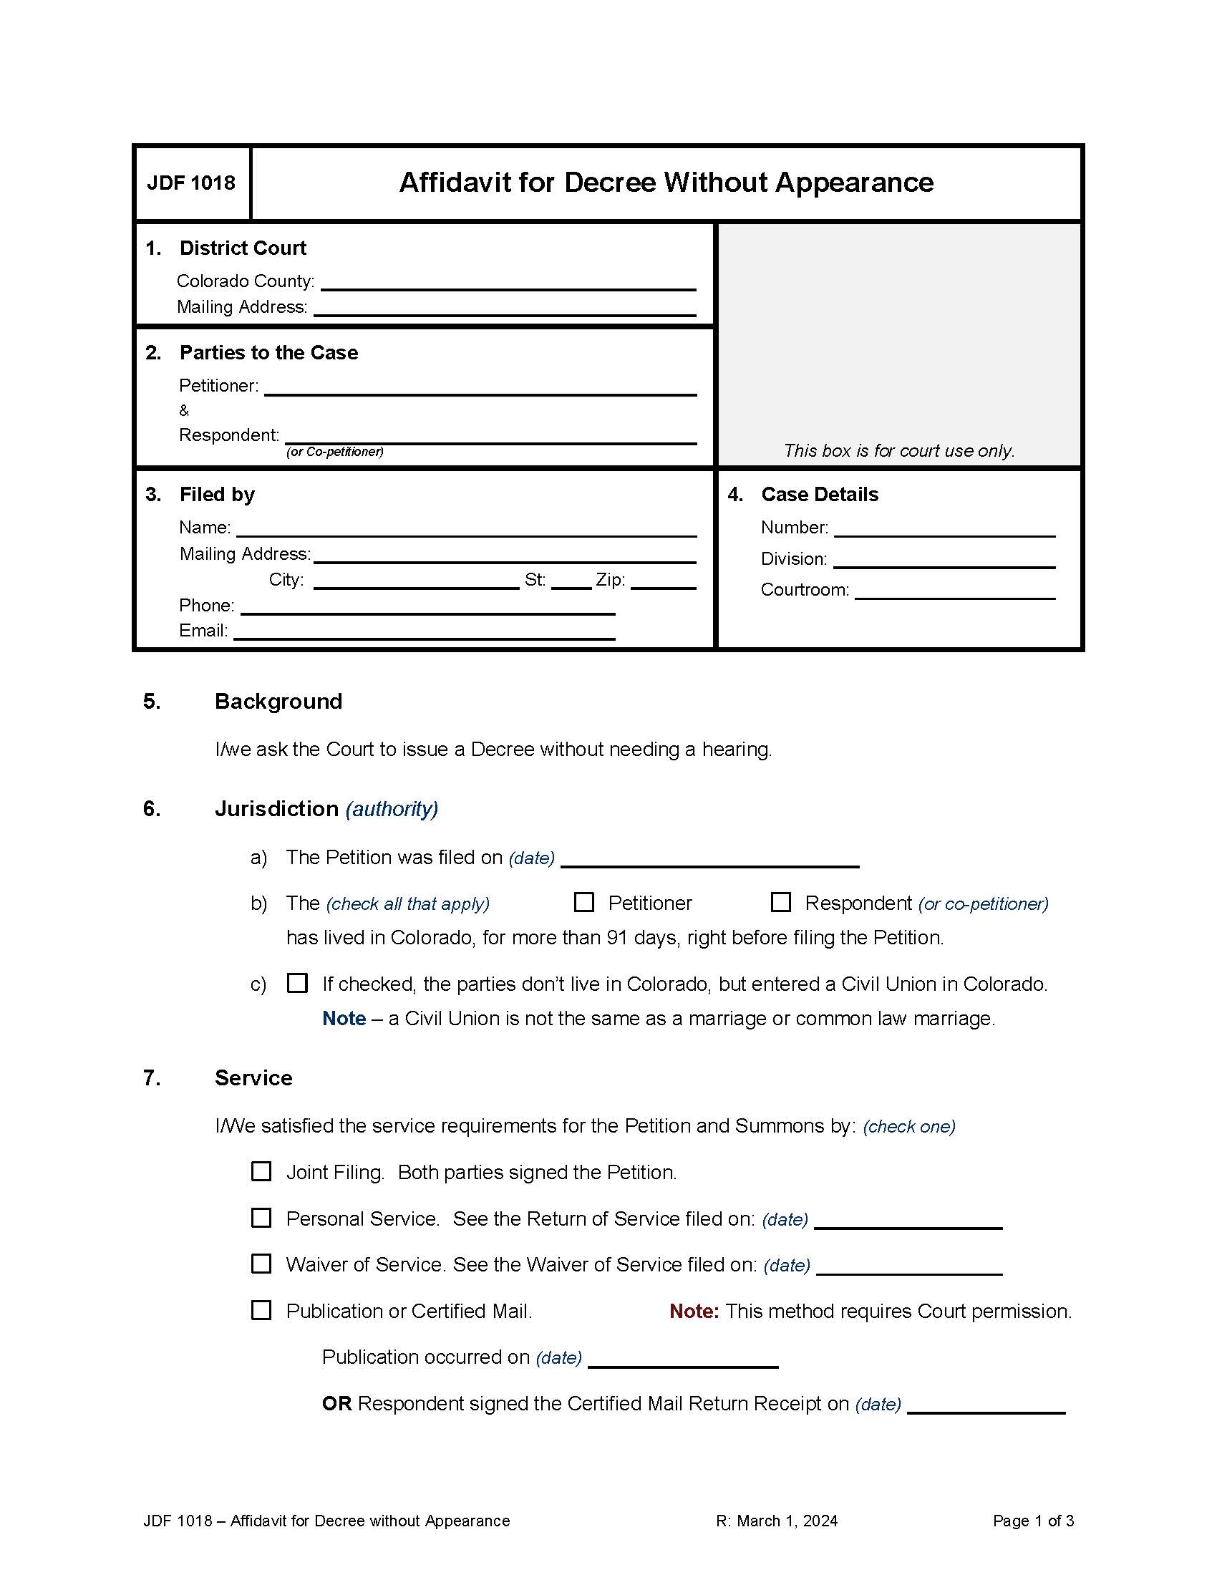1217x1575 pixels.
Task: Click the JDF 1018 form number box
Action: tap(192, 183)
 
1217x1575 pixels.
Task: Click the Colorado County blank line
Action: tap(508, 282)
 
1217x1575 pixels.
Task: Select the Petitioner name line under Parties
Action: tap(480, 387)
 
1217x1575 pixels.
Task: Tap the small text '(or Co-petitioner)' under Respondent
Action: tap(334, 452)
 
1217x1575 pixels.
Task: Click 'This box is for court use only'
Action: tap(898, 451)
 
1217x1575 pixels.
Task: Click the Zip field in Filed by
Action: tap(663, 581)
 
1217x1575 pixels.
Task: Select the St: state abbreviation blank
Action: tap(571, 581)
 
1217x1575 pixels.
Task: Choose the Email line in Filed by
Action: tap(424, 631)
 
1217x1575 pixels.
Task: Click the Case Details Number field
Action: tap(944, 528)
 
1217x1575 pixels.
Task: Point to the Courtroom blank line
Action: tap(954, 591)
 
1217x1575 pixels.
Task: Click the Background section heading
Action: tap(278, 702)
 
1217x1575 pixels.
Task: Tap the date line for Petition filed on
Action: tap(709, 859)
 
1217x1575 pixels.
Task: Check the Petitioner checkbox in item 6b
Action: tap(583, 902)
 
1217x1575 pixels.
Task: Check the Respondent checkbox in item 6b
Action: tap(780, 902)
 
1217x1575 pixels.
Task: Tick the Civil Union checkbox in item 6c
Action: tap(297, 983)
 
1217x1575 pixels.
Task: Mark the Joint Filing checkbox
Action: tap(261, 1171)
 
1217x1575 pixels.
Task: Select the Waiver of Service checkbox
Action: tap(261, 1264)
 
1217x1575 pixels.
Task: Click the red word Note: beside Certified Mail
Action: tap(694, 1311)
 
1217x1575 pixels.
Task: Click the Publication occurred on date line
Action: tap(683, 1360)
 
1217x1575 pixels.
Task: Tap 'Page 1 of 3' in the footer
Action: tap(1032, 1521)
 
